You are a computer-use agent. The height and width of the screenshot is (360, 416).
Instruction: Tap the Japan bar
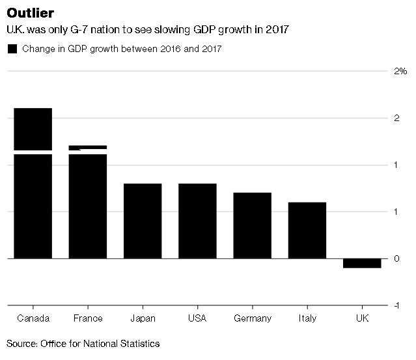point(143,221)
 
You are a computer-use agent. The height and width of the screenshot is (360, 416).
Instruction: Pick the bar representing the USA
point(197,221)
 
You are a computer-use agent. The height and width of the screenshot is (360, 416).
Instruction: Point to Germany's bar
point(252,225)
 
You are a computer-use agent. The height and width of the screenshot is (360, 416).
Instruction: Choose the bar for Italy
point(307,230)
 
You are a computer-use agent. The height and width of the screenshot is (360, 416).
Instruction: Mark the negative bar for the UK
point(362,263)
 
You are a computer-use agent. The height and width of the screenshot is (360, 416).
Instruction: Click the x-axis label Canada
point(33,318)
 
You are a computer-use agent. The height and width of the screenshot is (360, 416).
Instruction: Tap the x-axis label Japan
point(143,318)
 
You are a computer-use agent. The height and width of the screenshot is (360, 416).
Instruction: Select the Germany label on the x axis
point(252,318)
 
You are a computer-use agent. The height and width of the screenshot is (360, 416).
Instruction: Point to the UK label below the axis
point(362,318)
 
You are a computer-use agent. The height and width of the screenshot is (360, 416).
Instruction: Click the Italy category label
point(307,318)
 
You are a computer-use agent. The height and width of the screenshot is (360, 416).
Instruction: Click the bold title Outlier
point(31,13)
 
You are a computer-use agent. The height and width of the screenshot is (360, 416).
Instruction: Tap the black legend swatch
point(12,49)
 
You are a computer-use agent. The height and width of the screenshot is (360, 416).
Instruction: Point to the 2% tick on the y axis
point(400,71)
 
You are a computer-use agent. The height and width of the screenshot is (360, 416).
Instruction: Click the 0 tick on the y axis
point(396,258)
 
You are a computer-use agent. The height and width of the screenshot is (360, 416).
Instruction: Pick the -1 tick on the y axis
point(395,305)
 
